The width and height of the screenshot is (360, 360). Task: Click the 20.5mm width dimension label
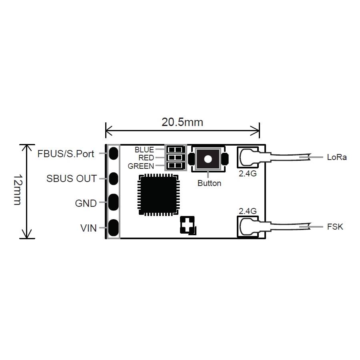point(182,122)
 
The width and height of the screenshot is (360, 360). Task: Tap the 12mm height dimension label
point(18,190)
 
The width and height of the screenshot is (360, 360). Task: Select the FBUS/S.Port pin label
point(66,154)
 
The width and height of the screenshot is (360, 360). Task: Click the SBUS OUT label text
point(72,178)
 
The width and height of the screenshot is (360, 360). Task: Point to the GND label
point(86,204)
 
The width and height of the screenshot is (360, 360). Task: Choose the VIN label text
point(88,228)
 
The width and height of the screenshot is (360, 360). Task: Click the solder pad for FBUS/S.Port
point(114,153)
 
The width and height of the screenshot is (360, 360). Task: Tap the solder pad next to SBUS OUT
point(114,179)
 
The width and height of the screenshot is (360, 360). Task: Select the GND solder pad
point(114,202)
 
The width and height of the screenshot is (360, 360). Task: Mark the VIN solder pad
point(114,228)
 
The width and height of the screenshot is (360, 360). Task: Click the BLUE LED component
point(176,150)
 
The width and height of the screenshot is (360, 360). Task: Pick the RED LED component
point(176,158)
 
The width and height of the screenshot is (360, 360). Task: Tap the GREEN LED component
point(176,166)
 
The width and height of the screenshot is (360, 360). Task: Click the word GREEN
point(141,166)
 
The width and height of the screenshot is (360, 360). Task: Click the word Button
point(209,183)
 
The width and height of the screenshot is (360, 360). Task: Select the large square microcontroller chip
point(158,195)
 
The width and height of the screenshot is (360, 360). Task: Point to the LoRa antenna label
point(337,157)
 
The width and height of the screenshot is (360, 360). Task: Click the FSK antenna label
point(335,227)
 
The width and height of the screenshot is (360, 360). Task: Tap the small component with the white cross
point(188,225)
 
